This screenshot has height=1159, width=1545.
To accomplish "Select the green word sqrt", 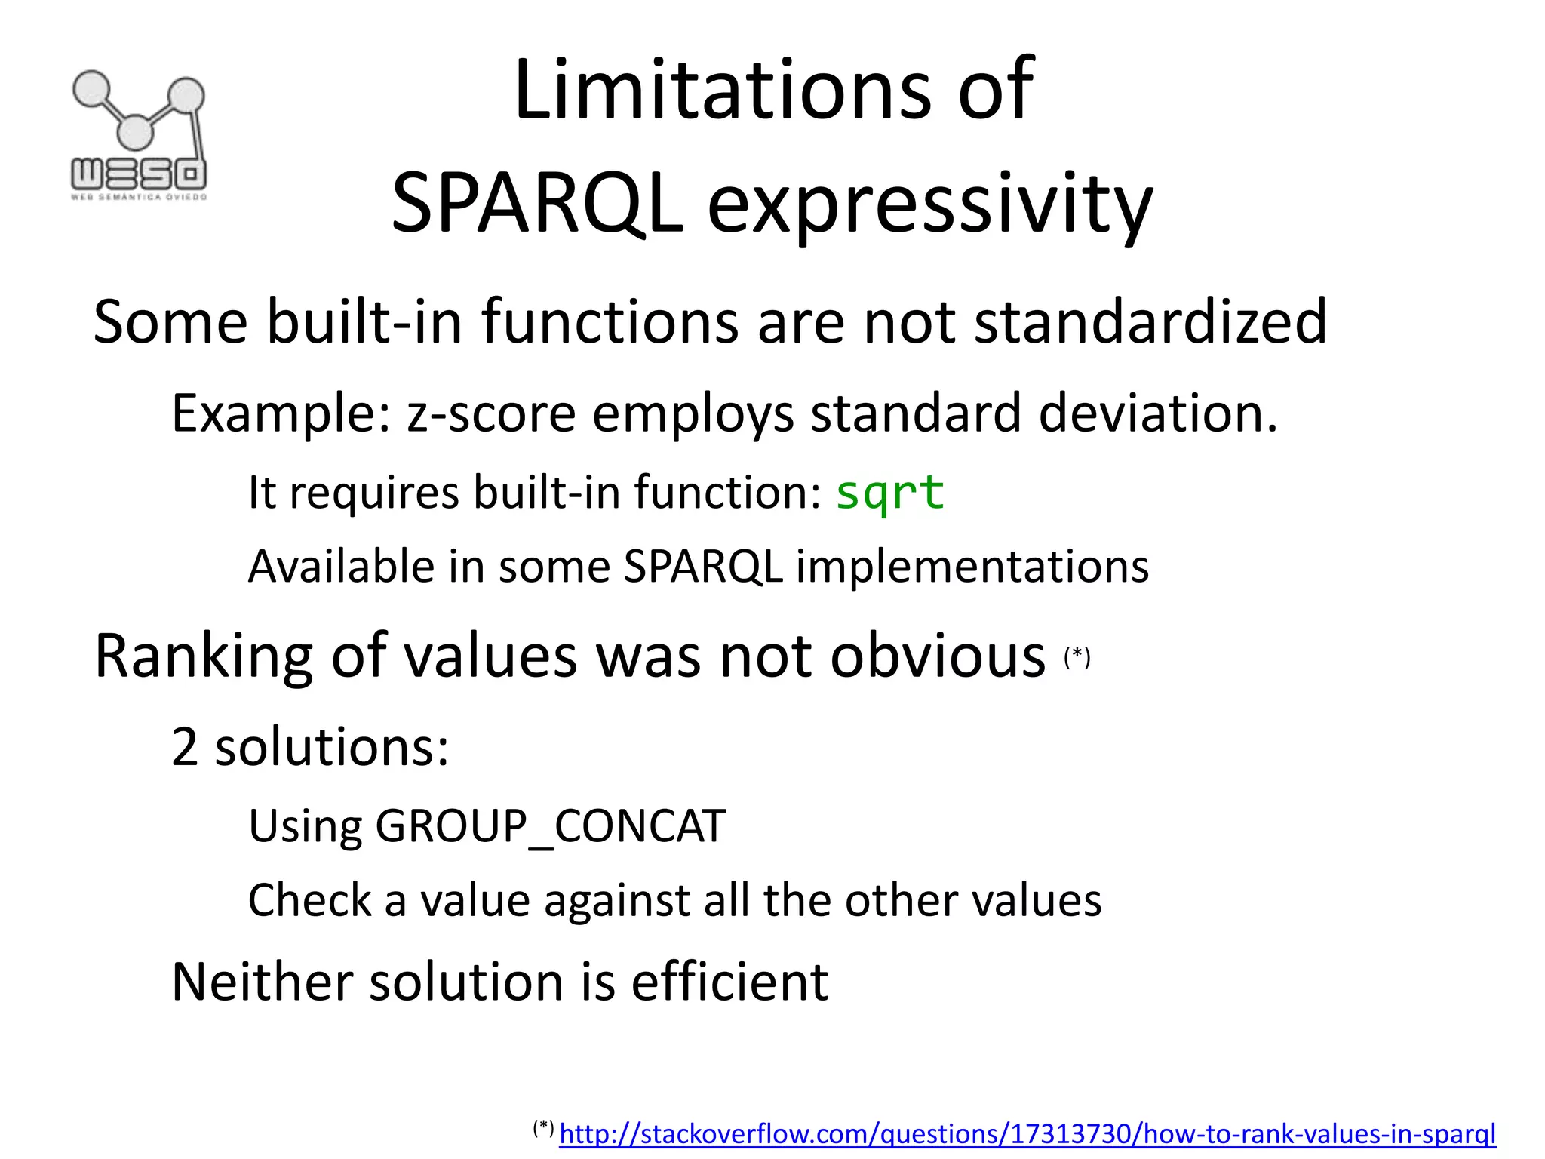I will pyautogui.click(x=889, y=493).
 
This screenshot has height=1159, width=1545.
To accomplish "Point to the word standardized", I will pyautogui.click(x=1150, y=322).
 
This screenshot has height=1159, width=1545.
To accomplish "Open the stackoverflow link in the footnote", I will pyautogui.click(x=1027, y=1134).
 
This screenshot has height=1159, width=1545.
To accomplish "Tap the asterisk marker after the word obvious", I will pyautogui.click(x=1077, y=656).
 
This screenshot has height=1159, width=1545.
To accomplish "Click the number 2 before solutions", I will pyautogui.click(x=185, y=747).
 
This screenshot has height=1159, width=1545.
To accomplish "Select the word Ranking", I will pyautogui.click(x=204, y=656).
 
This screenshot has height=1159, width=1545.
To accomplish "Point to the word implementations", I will pyautogui.click(x=972, y=567).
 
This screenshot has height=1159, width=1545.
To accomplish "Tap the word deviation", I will pyautogui.click(x=1157, y=413).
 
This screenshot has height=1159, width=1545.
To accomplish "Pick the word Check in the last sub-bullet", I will pyautogui.click(x=310, y=900).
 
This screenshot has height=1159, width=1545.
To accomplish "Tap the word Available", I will pyautogui.click(x=342, y=567).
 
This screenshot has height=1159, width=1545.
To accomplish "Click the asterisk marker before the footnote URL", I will pyautogui.click(x=543, y=1129).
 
